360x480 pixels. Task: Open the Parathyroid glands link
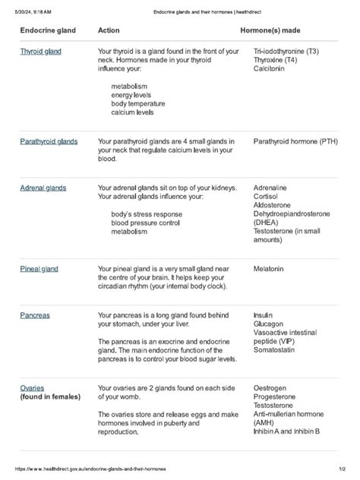coord(49,141)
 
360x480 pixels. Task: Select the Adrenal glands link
coord(43,188)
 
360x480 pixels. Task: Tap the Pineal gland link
coord(39,269)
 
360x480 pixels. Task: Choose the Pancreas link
coord(35,314)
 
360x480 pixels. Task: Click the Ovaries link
coord(32,387)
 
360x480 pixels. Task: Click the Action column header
coord(109,30)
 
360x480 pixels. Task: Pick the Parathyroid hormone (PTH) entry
coord(295,141)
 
